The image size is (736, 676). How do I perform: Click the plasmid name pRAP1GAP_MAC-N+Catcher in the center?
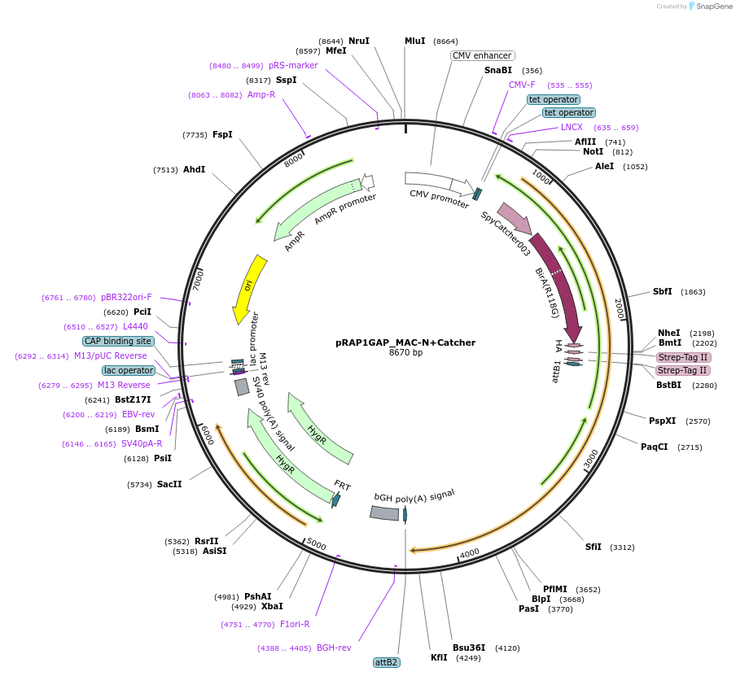[x=405, y=342]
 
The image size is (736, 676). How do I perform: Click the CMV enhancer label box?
[x=482, y=55]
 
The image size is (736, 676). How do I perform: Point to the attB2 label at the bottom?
[x=387, y=662]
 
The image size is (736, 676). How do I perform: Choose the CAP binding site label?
[x=117, y=341]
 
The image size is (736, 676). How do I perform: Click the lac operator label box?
[x=129, y=370]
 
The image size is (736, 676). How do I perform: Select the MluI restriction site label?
[x=414, y=41]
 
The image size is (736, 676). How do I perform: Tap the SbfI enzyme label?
[x=662, y=291]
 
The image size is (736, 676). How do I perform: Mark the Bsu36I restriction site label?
[x=469, y=648]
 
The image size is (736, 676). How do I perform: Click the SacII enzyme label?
[x=169, y=484]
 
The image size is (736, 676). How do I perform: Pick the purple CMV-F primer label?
[x=522, y=85]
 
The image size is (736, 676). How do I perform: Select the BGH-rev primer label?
[x=334, y=648]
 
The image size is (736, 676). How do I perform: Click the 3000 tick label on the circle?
[x=590, y=459]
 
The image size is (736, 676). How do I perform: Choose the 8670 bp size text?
[x=405, y=353]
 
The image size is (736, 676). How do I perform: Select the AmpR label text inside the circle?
[x=295, y=242]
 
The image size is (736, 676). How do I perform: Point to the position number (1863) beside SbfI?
[x=693, y=292]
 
